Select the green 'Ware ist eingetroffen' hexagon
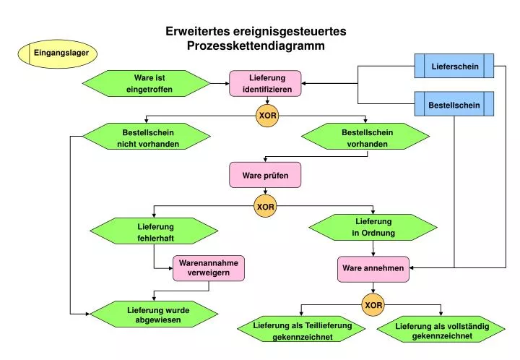(x=149, y=83)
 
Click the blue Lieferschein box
(x=454, y=66)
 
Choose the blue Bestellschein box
(x=454, y=104)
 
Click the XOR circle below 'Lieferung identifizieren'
(x=267, y=116)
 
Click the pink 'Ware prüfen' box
(x=264, y=175)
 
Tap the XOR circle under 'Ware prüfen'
(x=266, y=207)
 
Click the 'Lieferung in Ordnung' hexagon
(x=373, y=227)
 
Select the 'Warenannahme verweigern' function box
(x=209, y=268)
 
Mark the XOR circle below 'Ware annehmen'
(x=373, y=305)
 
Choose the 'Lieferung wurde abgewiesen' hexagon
(x=153, y=314)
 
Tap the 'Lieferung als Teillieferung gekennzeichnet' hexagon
(x=302, y=331)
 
